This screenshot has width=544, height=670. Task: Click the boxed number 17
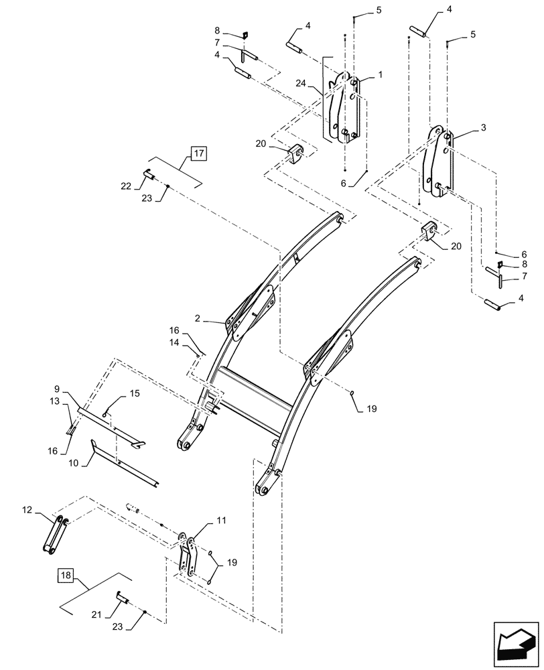tap(199, 153)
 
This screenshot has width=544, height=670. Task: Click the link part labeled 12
tap(56, 535)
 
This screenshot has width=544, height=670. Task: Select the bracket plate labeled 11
tap(187, 553)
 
